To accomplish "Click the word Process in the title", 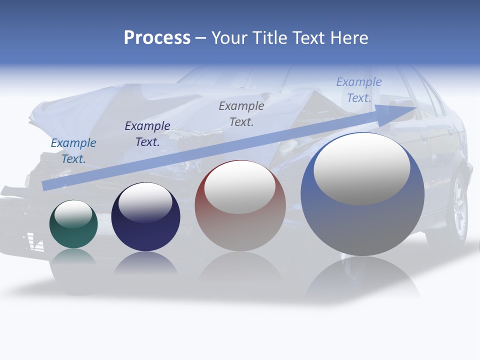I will coord(157,38).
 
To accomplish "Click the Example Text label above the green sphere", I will coord(73,151).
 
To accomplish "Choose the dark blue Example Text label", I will coord(147,134).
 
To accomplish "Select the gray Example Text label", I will coord(241,113).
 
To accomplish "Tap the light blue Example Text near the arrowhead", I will coord(359,90).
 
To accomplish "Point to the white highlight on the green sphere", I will coord(73,214).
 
